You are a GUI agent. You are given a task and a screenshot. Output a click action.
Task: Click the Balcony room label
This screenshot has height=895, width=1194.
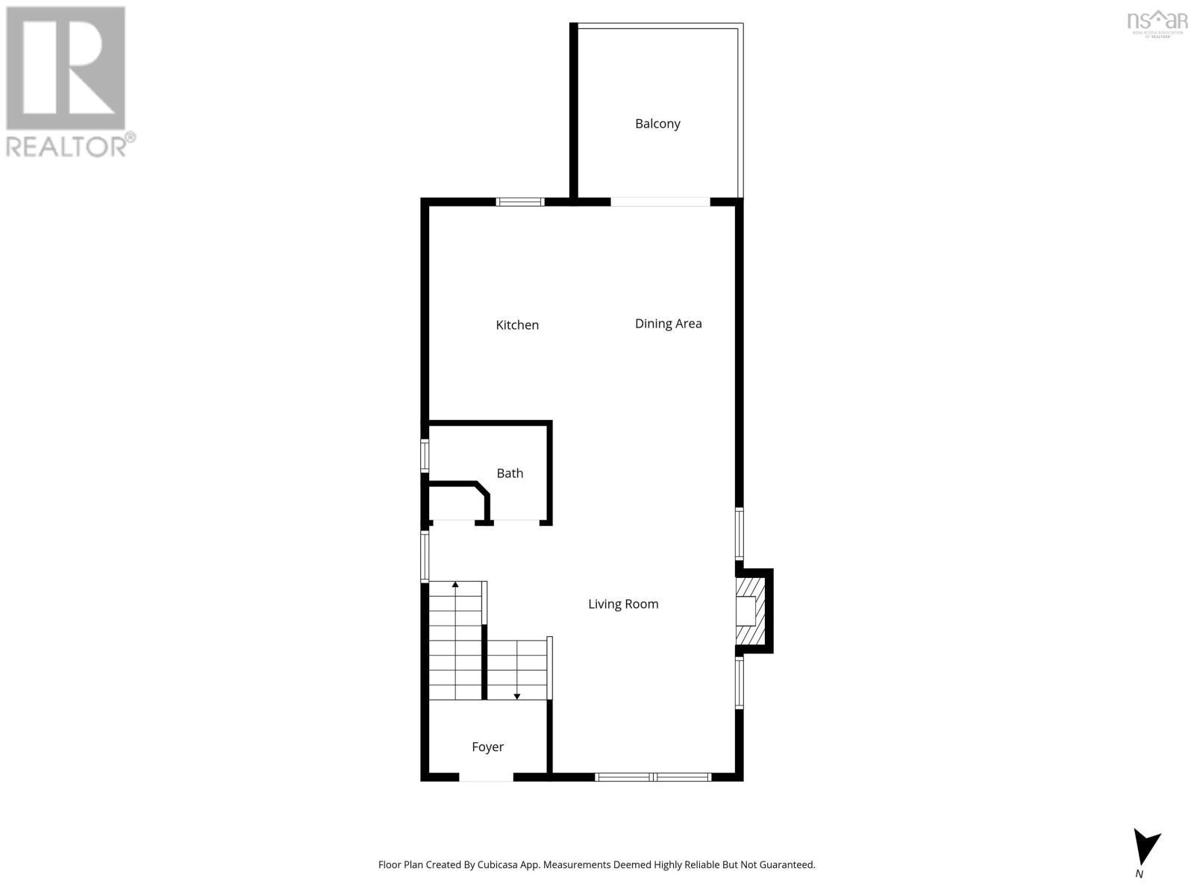[x=657, y=124]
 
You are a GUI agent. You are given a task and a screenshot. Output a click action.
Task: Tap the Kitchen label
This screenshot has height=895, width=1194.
[x=517, y=325]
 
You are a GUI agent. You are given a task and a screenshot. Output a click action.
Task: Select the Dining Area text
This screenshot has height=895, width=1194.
[x=668, y=324]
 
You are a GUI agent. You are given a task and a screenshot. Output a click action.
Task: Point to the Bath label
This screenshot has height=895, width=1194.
[x=510, y=474]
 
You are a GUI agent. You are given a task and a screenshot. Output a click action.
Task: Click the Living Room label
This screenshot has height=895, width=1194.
[x=623, y=604]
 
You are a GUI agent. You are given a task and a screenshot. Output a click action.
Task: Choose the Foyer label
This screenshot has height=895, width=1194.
[x=487, y=747]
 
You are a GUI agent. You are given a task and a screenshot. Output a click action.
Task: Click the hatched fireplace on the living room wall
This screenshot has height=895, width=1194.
[x=750, y=611]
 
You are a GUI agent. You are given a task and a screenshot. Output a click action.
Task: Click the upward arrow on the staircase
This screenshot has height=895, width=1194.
[x=455, y=586]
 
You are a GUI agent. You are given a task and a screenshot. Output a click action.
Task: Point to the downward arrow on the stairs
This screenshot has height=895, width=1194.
[x=516, y=695]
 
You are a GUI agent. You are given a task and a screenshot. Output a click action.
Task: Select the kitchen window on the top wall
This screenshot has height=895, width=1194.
[x=520, y=201]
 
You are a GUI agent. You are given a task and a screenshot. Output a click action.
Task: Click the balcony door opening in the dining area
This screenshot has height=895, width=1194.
[x=660, y=201]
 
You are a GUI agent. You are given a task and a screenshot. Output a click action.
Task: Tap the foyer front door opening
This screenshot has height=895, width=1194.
[x=486, y=777]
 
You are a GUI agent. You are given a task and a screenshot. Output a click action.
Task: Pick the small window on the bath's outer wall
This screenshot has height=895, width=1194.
[x=425, y=455]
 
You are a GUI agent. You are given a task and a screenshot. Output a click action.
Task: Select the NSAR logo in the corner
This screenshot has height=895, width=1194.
[x=1157, y=22]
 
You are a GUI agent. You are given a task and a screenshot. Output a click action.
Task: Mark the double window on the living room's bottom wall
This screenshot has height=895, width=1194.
[x=653, y=777]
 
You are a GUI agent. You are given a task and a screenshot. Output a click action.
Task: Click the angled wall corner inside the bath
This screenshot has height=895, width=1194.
[x=483, y=490]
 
